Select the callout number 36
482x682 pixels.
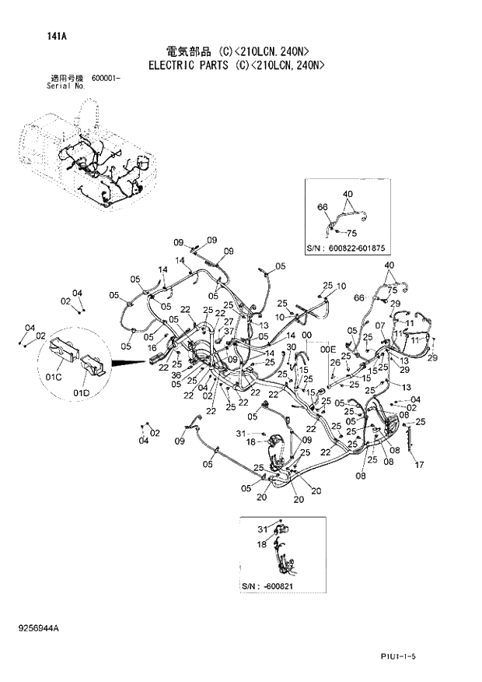tap(176, 376)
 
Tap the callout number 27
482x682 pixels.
tap(228, 321)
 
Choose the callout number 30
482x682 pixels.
tap(292, 346)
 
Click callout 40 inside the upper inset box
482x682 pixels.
tap(347, 193)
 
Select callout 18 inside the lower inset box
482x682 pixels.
tap(262, 544)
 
